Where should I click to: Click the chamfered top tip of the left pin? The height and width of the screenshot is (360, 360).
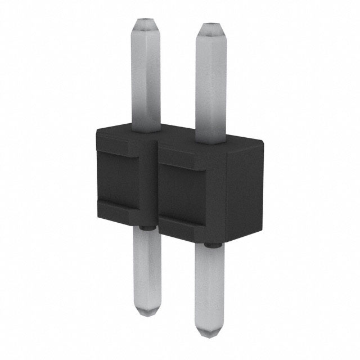coord(146,25)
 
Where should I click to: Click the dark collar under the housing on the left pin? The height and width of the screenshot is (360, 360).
coord(146,228)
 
